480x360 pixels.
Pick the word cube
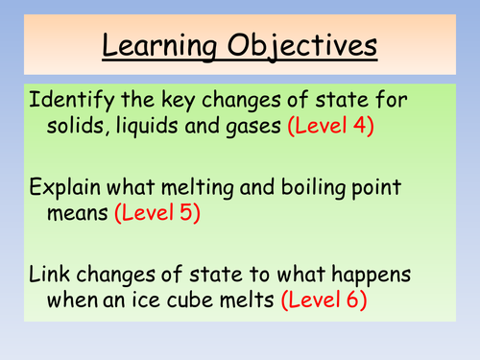click(x=194, y=298)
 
